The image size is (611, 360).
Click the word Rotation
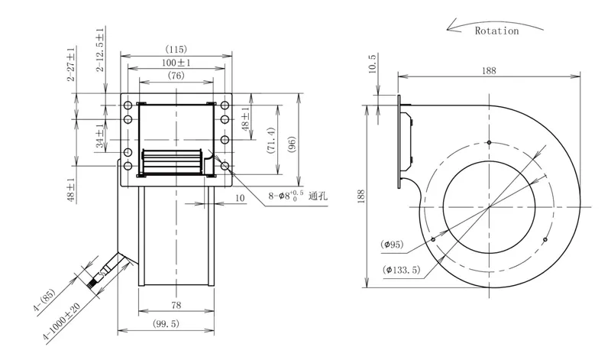click(497, 31)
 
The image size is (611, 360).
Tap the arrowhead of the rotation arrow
click(451, 27)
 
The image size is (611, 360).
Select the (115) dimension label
click(176, 50)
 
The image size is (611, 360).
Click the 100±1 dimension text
click(176, 63)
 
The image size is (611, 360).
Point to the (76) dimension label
click(176, 75)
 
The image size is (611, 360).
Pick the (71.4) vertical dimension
click(272, 140)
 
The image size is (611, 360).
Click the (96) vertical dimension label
click(293, 144)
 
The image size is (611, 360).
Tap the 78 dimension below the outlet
click(176, 305)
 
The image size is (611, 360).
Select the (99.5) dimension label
click(166, 323)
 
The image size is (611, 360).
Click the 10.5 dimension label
click(372, 63)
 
